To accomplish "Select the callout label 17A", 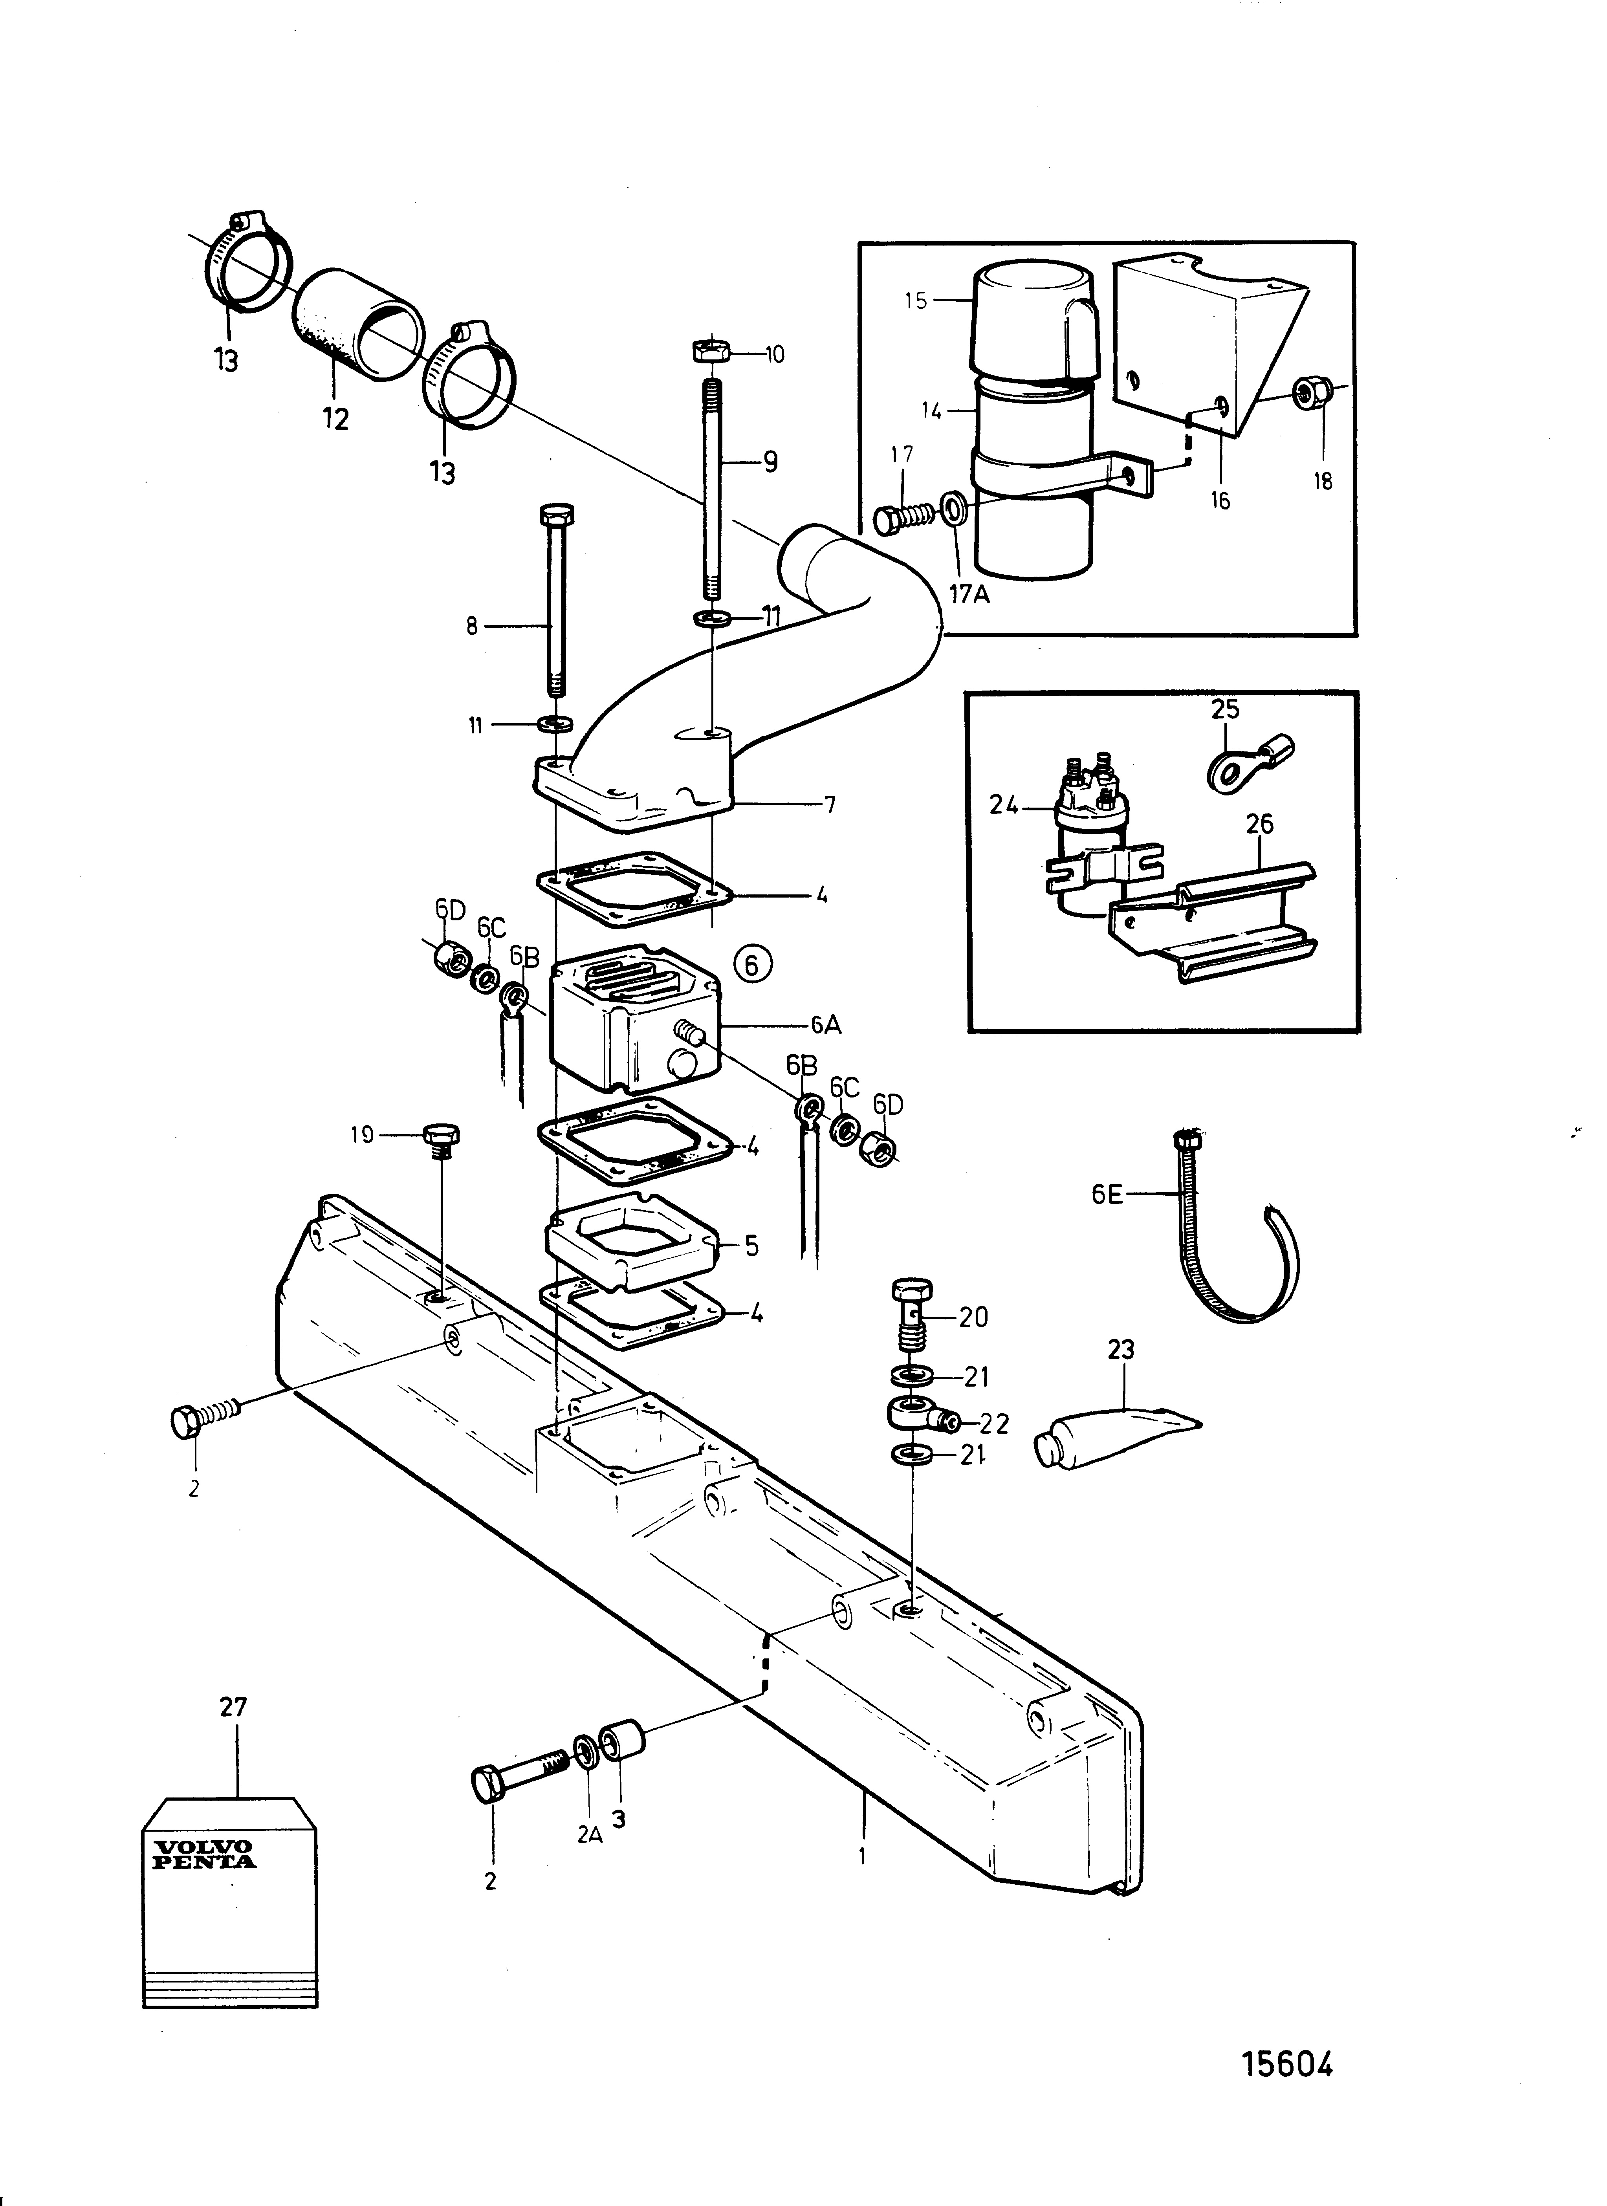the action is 969,594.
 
